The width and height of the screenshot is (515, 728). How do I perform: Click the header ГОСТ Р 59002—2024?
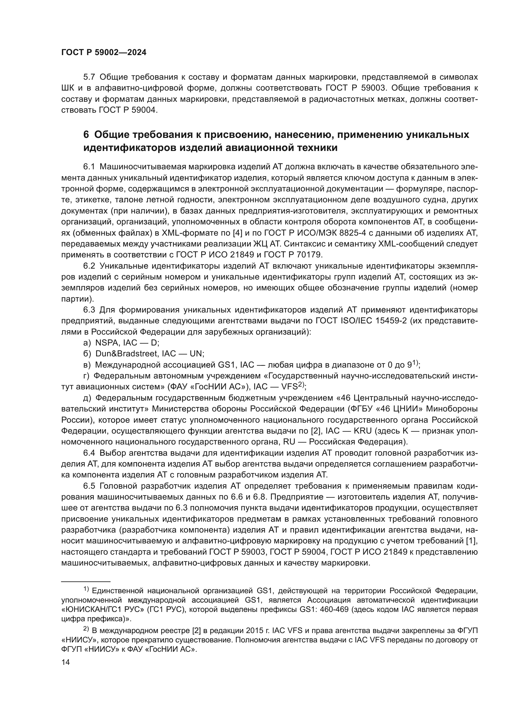(104, 53)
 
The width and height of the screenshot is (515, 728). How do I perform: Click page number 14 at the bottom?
(65, 662)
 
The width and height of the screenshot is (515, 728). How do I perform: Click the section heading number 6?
(86, 135)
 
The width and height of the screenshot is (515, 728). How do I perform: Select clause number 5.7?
(89, 77)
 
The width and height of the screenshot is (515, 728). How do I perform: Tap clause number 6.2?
(89, 266)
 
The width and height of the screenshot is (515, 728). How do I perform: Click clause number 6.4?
(89, 453)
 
